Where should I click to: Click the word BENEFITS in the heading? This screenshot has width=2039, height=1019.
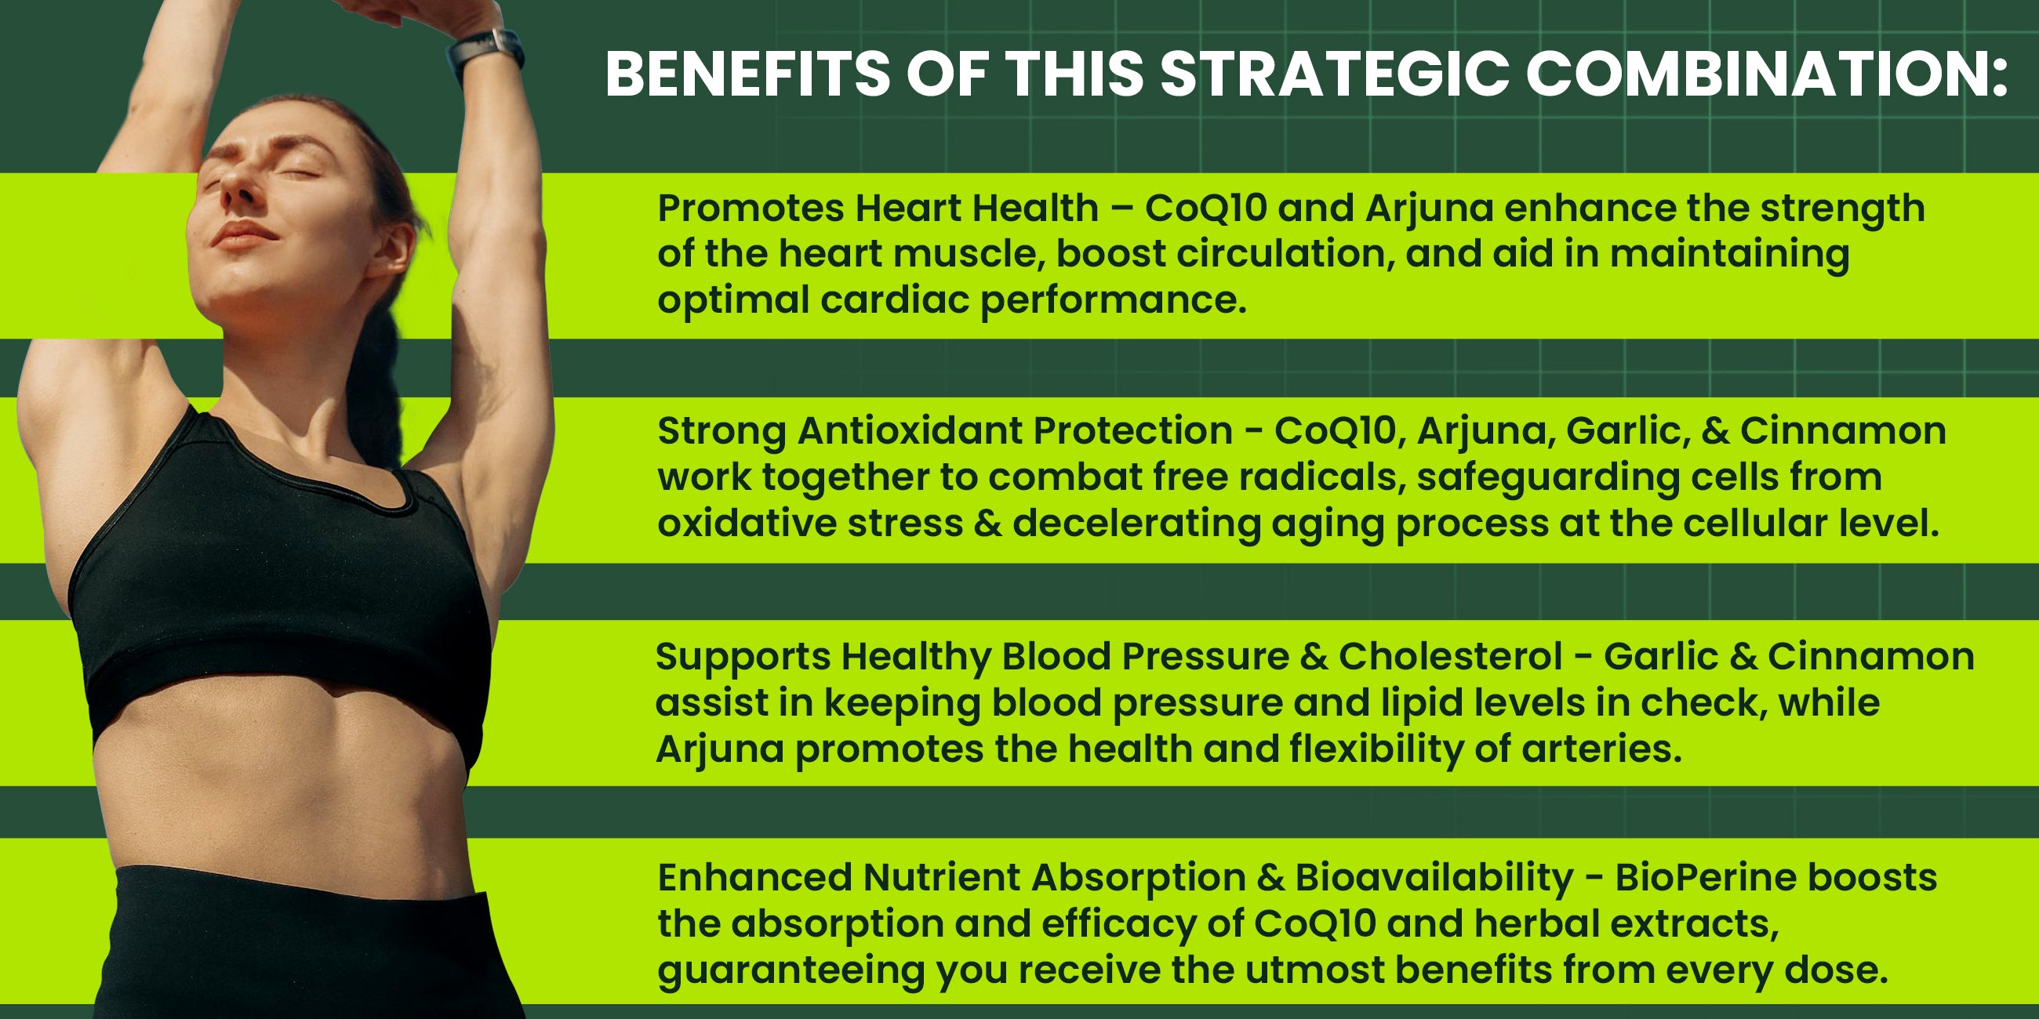pos(749,74)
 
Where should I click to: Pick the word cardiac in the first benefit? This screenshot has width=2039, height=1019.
pos(895,300)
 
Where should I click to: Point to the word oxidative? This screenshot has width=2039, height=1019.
pos(747,523)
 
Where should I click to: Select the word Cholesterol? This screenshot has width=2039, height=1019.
pos(1451,657)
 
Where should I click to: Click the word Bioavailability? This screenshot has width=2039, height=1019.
pos(1434,877)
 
